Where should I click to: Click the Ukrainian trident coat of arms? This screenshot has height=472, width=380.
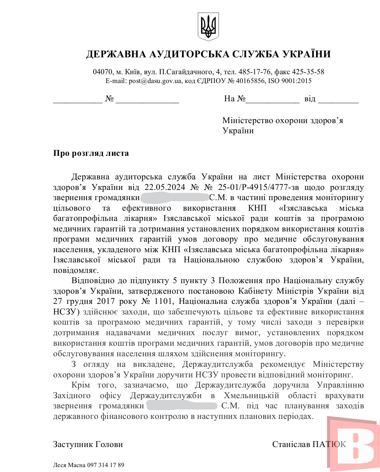point(208,26)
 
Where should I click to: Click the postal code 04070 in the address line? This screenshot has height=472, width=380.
point(103,72)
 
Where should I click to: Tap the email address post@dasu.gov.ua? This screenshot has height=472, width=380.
point(155,81)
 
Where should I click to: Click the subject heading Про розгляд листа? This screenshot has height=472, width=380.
point(91,153)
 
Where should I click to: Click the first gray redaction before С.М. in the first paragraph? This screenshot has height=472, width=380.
point(175,198)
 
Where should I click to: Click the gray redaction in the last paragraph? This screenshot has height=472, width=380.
point(182,406)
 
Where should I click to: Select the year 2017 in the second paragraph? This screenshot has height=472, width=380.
point(106,301)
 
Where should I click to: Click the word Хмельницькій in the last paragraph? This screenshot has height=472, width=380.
point(251,396)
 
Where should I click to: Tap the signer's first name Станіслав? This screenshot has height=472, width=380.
point(291,445)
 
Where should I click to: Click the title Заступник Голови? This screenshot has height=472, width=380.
point(88,445)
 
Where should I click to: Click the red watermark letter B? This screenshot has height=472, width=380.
point(355,444)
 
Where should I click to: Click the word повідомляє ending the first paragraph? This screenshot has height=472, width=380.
point(76,270)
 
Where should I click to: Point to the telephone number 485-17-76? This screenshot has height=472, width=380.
point(255,72)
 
